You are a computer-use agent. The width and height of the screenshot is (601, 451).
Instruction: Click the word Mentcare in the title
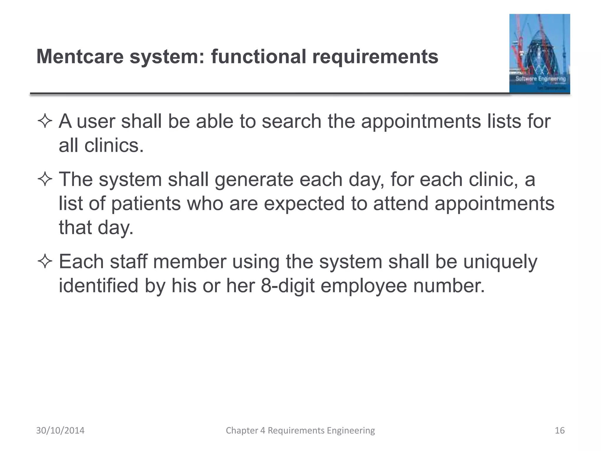tap(80, 56)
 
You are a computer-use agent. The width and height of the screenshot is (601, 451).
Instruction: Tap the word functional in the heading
tap(259, 56)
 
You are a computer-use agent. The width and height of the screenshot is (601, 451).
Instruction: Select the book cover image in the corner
tap(539, 54)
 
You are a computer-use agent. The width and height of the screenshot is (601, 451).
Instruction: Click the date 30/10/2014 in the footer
tap(60, 430)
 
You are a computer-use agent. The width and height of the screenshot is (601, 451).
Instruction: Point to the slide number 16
tap(560, 430)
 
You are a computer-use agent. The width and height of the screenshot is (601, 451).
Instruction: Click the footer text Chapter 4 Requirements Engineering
tap(300, 430)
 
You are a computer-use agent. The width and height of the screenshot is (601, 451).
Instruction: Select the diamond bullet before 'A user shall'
tap(45, 122)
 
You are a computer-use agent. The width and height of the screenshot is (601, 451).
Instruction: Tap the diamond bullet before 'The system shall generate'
tap(45, 180)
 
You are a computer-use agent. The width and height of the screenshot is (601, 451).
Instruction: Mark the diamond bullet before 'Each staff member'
tap(45, 262)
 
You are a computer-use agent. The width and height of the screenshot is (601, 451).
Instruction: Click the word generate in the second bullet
tap(254, 179)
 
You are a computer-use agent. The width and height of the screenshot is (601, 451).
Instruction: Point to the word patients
tap(146, 203)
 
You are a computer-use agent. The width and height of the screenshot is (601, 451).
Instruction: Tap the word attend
tap(401, 203)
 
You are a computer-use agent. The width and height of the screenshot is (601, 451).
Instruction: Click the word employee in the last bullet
tap(364, 286)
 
